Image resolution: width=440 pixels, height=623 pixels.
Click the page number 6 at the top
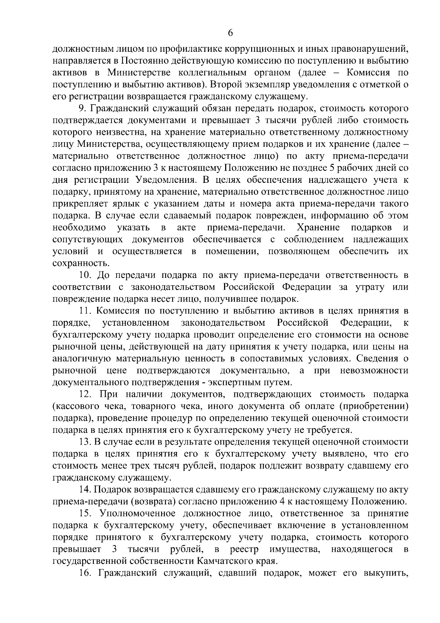tap(230, 33)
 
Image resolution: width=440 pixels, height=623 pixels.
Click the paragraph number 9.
tap(82, 108)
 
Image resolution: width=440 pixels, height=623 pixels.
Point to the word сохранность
tap(81, 263)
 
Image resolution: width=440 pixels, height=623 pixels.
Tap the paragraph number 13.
tap(85, 442)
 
